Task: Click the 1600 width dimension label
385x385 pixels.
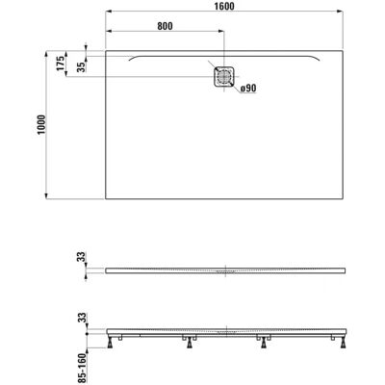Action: tap(224, 6)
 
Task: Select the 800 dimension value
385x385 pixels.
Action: tap(165, 26)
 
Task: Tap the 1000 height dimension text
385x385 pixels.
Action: tap(41, 125)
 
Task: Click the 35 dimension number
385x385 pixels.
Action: tap(81, 66)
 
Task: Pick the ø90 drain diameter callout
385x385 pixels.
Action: tap(248, 89)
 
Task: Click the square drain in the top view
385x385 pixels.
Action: tap(223, 76)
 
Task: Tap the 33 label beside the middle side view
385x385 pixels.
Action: tap(83, 257)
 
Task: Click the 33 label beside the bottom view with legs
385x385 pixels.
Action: tap(83, 318)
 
